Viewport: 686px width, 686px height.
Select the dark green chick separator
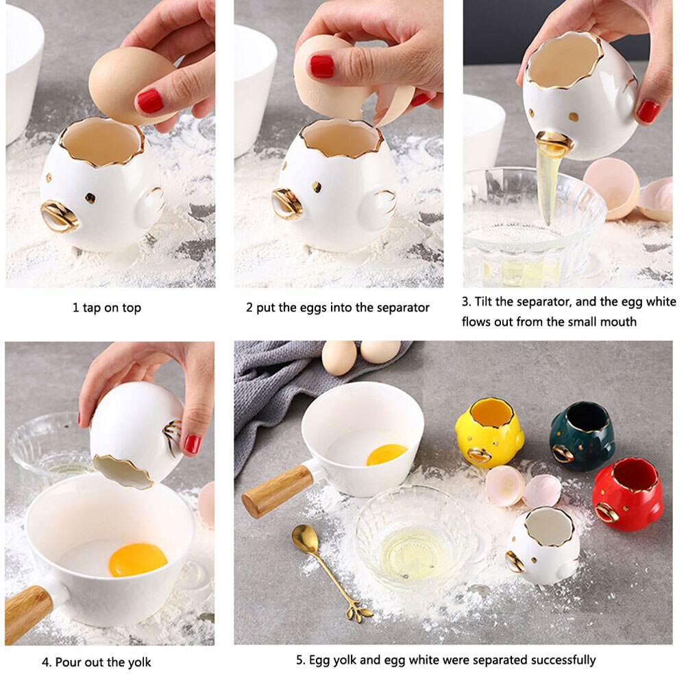[582, 436]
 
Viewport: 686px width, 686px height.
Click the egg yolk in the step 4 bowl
[138, 560]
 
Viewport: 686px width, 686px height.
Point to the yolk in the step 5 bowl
[387, 454]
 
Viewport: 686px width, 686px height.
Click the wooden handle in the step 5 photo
[278, 491]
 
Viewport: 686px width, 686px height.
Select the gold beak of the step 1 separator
[59, 216]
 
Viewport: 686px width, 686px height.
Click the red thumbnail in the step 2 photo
[322, 66]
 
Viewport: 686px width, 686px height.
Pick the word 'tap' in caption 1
[91, 308]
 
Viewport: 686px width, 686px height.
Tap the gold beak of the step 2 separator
[286, 204]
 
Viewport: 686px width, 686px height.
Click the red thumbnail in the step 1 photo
[150, 101]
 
